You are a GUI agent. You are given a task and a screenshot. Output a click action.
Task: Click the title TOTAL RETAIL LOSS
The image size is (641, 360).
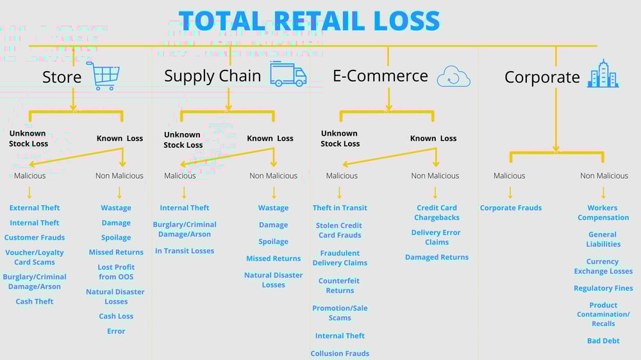pos(309,20)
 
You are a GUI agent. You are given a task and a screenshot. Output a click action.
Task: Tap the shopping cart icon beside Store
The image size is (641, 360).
pos(103,76)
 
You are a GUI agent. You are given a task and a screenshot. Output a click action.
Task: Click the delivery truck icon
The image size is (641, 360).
pos(288,74)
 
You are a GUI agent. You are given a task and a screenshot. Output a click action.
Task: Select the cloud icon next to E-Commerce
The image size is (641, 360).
pos(453,78)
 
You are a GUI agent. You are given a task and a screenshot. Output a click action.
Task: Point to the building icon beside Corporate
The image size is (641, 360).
pos(603,74)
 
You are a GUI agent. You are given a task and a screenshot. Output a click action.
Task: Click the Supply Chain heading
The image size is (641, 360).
pos(212,76)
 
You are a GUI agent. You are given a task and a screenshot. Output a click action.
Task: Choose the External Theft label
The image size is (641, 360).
pos(35,208)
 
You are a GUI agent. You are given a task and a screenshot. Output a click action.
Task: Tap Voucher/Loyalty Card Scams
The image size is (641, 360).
pos(35,258)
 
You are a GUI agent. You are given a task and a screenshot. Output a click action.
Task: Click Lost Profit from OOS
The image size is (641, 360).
pos(116,272)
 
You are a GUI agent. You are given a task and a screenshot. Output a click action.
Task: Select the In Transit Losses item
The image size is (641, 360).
pos(185,251)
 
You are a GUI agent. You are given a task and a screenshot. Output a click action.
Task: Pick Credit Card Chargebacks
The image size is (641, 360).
pos(437,213)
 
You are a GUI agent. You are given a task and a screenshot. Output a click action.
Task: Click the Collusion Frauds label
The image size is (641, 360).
pos(340,354)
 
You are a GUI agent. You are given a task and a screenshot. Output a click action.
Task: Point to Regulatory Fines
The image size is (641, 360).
pos(603,288)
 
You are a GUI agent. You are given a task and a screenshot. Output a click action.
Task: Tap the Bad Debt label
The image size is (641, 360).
pos(603,341)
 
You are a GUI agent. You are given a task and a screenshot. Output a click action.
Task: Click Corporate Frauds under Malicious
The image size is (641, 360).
pos(511,208)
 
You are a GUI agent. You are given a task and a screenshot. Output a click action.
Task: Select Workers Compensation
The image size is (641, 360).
pos(603,213)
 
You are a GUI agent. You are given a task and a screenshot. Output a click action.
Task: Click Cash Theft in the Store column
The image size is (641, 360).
pos(35,302)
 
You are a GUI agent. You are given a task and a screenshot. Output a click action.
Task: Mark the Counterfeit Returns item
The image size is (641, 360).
pos(340,286)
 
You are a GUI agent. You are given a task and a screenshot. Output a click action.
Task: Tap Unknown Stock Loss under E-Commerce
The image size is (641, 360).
pos(340,138)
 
